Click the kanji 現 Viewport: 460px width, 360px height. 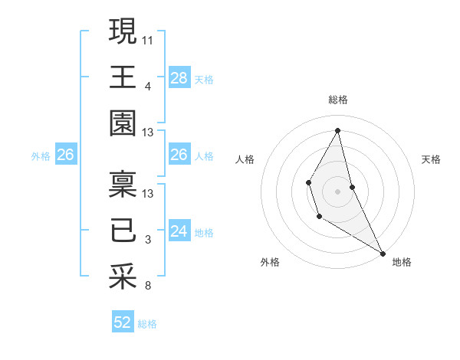point(123,32)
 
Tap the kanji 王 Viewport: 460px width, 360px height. point(123,77)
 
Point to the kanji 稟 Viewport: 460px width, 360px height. point(123,185)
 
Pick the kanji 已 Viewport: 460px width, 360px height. point(123,231)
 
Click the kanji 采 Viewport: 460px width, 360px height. point(123,277)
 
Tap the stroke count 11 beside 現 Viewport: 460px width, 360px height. point(148,38)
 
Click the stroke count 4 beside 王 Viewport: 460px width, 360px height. point(148,85)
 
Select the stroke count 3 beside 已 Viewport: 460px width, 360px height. point(148,240)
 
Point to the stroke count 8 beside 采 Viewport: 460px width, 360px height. point(148,286)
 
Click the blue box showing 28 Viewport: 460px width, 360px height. point(179,77)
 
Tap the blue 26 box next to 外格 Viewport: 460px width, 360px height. point(65,155)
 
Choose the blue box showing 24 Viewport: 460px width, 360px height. point(179,231)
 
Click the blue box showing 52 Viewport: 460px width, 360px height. point(123,322)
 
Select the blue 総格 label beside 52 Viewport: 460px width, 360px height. point(147,324)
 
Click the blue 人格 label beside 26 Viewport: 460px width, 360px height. point(204,156)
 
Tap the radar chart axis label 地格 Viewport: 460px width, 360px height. point(402,263)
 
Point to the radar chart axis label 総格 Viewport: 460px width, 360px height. point(338,100)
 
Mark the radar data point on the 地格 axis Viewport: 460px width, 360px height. point(383,253)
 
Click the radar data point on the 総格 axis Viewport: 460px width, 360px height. point(338,130)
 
